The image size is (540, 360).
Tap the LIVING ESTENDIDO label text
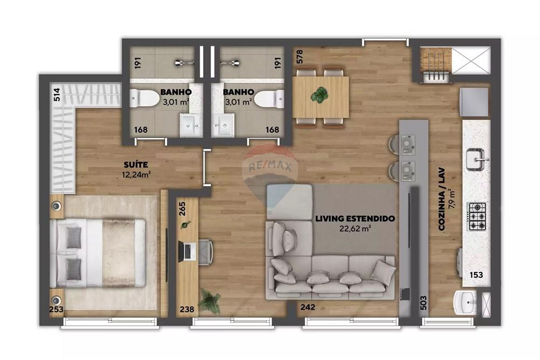tap(355, 219)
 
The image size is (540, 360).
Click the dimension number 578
tap(300, 56)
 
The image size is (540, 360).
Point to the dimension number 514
tap(56, 95)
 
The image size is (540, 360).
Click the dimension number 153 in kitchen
tap(475, 275)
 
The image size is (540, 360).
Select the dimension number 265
tap(182, 209)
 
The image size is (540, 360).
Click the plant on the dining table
tap(319, 95)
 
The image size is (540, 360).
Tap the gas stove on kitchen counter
tap(477, 216)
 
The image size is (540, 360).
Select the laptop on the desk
tap(187, 252)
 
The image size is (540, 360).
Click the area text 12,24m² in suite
tap(136, 174)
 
